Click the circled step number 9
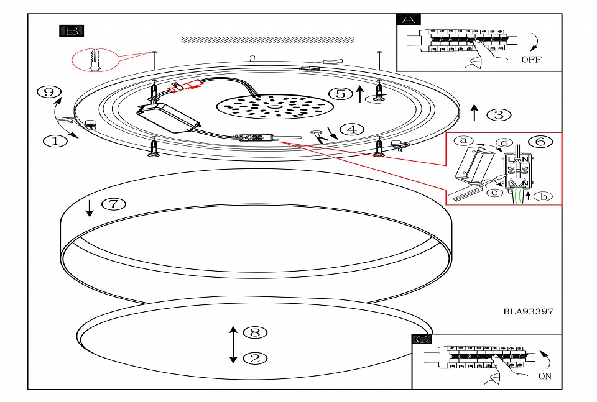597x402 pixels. point(46,92)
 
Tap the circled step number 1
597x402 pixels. point(55,141)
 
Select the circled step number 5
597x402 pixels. point(340,94)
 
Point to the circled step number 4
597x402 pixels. point(351,130)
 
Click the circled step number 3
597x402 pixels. point(499,114)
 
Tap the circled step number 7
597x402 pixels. point(113,204)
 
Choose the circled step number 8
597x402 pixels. point(254,332)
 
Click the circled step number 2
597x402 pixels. point(254,358)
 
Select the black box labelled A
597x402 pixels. point(408,19)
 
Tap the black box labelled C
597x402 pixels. point(423,339)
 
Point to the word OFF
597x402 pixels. point(531,60)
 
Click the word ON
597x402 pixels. point(545,376)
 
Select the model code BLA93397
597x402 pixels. point(528,311)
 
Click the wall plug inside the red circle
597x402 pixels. point(95,60)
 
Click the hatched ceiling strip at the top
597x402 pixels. point(267,40)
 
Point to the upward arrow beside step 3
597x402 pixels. point(474,113)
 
